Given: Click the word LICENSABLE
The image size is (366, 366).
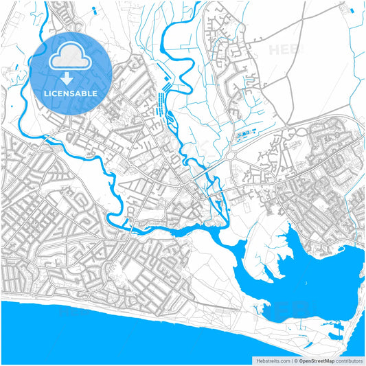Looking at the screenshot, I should [71, 93].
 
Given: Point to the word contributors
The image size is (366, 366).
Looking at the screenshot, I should [349, 360].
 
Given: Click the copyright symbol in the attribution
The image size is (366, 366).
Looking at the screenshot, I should [295, 360].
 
